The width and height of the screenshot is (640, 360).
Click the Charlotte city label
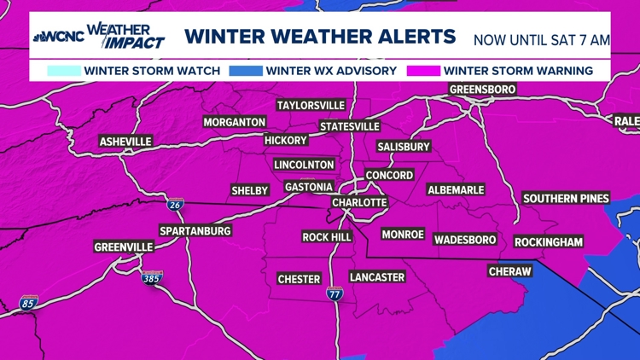[x=359, y=203]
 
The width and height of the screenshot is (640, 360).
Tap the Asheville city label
[x=125, y=141]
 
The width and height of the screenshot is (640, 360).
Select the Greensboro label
[x=483, y=90]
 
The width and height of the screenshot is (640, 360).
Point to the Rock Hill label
[x=328, y=236]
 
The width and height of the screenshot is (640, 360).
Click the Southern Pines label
[x=566, y=198]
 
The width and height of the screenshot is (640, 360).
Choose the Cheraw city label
[x=509, y=271]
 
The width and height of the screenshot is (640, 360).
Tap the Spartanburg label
[x=195, y=231]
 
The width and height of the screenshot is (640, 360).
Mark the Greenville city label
[x=124, y=247]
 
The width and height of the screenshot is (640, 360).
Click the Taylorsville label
[x=311, y=105]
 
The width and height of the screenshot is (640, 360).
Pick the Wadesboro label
[x=464, y=240]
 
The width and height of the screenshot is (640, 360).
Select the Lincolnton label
[x=304, y=165]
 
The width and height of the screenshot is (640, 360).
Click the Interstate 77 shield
[x=335, y=294]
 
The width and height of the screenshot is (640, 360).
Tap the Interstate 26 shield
[x=173, y=203]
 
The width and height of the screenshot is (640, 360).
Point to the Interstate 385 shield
[x=151, y=277]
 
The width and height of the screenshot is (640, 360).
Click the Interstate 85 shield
[x=28, y=302]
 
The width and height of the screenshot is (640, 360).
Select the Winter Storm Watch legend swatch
[x=59, y=70]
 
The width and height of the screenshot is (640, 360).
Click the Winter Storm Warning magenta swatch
[x=424, y=70]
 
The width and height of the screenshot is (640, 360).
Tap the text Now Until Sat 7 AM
[x=542, y=39]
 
